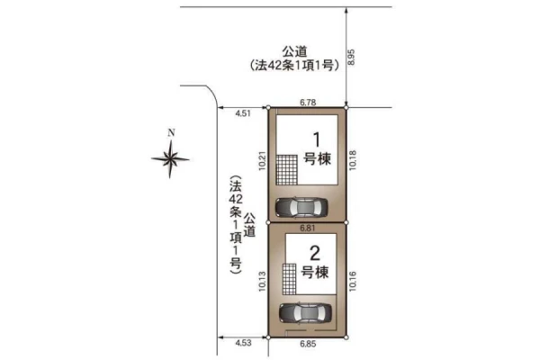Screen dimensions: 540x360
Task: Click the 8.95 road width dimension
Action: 351,58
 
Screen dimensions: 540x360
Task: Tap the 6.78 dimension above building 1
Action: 308,103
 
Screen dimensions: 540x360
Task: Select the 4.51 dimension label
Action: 243,113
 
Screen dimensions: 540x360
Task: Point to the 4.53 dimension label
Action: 244,343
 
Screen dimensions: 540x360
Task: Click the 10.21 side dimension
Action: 263,160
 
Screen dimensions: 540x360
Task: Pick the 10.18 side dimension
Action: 353,160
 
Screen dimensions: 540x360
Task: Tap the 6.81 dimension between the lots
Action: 307,228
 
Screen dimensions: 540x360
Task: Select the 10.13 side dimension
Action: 263,282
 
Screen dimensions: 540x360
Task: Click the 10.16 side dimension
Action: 353,282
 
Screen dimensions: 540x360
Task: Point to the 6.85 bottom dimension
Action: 308,344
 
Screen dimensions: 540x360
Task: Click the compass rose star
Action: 170,158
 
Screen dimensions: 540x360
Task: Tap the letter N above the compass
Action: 171,132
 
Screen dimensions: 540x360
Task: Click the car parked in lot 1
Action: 301,207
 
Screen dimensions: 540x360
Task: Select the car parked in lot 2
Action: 305,313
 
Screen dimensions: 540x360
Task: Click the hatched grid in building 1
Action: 287,170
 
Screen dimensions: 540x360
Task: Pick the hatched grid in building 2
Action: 289,279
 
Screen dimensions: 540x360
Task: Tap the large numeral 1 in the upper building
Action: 317,139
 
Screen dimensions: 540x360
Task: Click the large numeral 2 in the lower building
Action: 315,253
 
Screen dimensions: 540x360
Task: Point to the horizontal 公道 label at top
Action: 294,51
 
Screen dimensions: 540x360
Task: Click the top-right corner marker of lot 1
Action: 346,108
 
